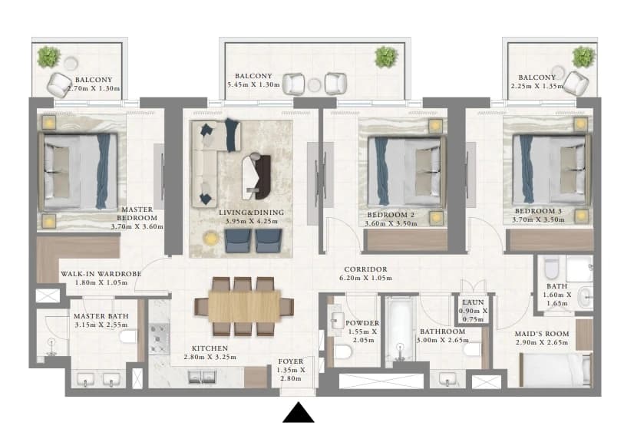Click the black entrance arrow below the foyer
point(298,413)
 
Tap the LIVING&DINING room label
point(252,213)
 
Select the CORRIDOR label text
point(365,269)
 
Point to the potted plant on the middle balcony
point(385,57)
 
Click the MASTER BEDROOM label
point(137,213)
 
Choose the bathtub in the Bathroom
point(401,329)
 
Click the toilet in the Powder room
point(342,351)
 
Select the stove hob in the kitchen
point(159,338)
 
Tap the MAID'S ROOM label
point(542,334)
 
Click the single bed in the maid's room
point(555,370)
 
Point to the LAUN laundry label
point(473,302)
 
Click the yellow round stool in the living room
point(211,238)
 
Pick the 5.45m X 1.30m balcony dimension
point(253,84)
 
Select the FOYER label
point(291,361)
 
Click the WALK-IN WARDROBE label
point(101,274)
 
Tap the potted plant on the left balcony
point(49,57)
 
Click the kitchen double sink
point(202,377)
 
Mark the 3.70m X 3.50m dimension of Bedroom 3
point(538,219)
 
